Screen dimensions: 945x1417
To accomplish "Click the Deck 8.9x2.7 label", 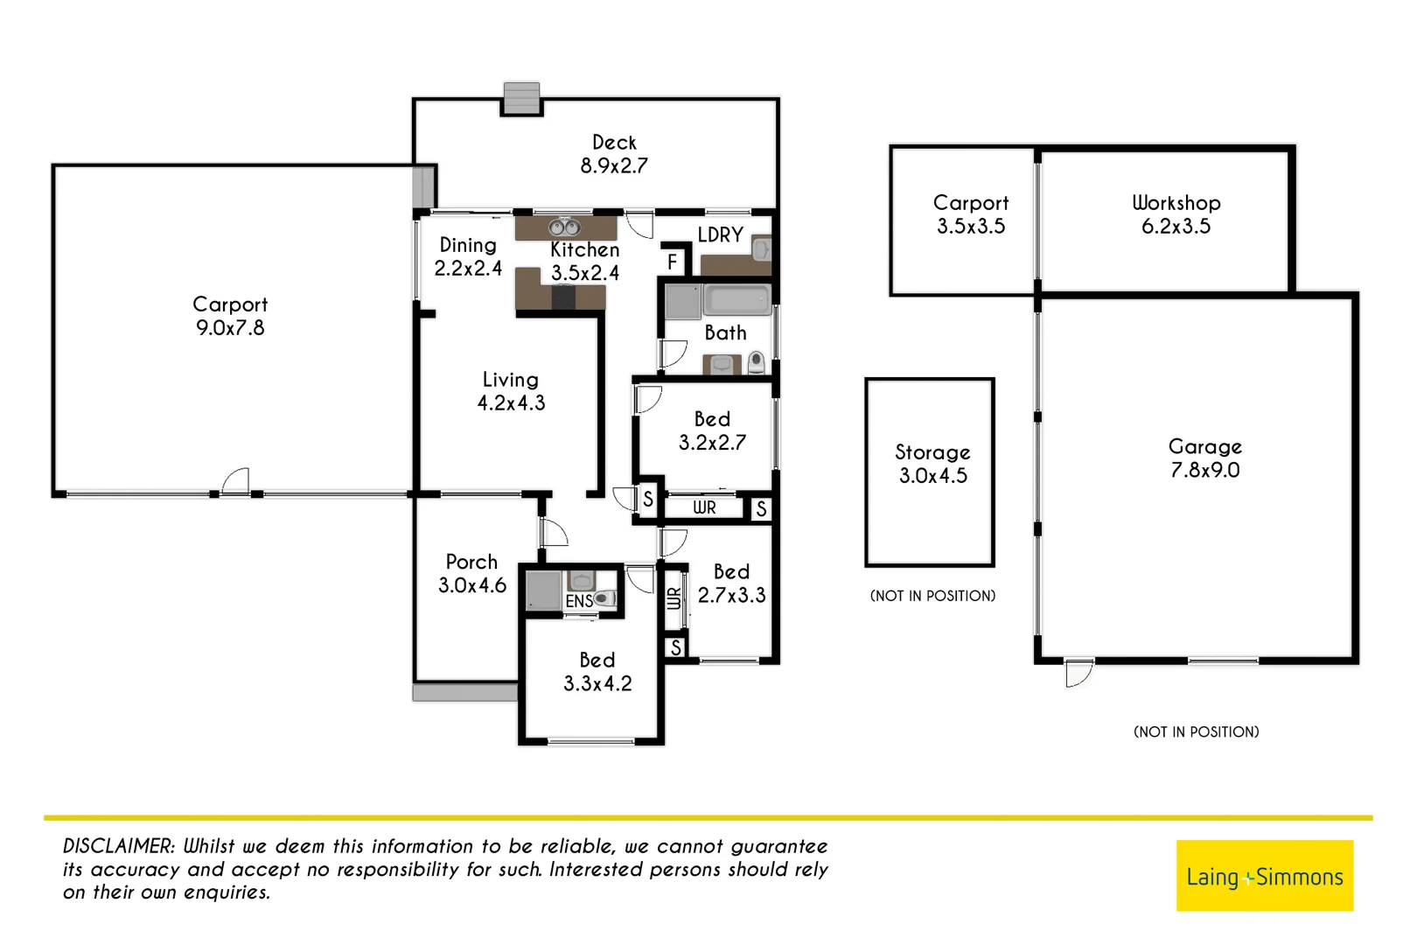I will coord(614,154).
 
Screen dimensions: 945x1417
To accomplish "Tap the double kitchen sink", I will coord(564,227).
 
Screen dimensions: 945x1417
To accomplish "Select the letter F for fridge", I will coord(672,262).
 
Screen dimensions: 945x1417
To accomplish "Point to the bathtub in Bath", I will coord(736,300).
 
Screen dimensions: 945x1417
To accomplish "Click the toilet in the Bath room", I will coord(756,361).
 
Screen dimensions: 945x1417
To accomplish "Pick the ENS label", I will coord(579,601).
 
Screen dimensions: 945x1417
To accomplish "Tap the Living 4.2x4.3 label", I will coord(511,391).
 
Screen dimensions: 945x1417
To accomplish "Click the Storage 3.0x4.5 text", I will coord(932,464).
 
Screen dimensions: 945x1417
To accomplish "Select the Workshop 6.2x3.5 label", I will coord(1176,214).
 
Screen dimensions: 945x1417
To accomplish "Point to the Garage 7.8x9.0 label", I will coord(1204,458).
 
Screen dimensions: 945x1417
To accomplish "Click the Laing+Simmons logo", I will coord(1264,876).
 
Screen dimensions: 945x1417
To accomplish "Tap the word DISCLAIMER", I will coord(119,846).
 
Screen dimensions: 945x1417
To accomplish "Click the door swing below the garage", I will coord(1079,674).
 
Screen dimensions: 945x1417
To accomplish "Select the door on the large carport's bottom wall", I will coord(235,482).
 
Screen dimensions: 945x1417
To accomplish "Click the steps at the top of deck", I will coord(521,98).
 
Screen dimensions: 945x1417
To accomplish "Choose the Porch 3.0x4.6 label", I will coord(471,573).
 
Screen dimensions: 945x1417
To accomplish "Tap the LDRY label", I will coord(720,234).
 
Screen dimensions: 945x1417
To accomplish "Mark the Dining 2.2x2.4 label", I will coord(468,256).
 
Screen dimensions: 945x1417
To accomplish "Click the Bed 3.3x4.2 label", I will coord(597,671).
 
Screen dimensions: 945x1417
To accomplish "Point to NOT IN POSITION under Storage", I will coord(932,596).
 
